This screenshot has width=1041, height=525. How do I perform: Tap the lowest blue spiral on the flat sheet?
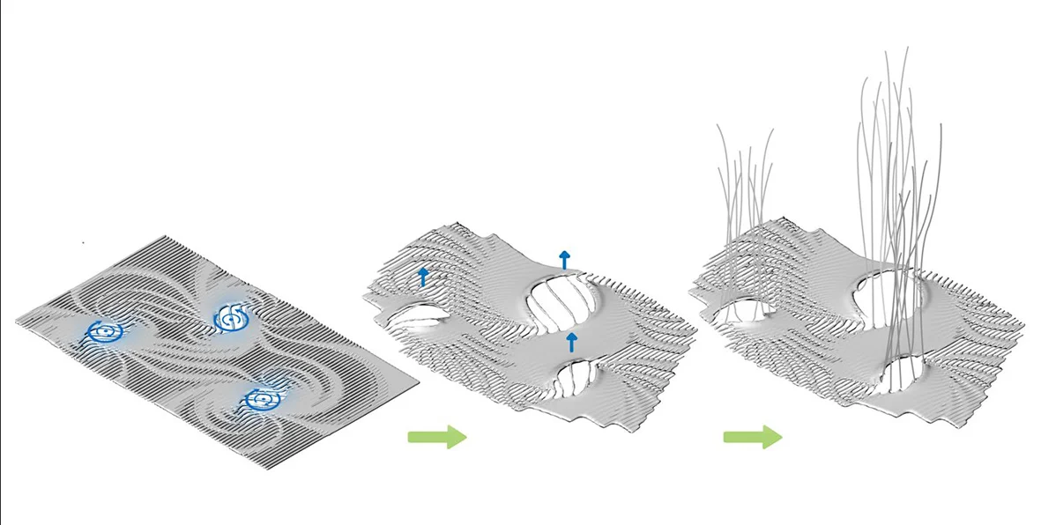tap(261, 400)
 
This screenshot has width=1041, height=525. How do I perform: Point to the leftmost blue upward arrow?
tap(423, 277)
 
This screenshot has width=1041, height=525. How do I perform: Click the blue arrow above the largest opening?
tap(564, 258)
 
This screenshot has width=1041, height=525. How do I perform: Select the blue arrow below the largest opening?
tap(571, 342)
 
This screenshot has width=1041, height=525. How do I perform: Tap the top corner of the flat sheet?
tap(165, 236)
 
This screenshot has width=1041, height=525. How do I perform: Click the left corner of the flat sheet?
tap(17, 324)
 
